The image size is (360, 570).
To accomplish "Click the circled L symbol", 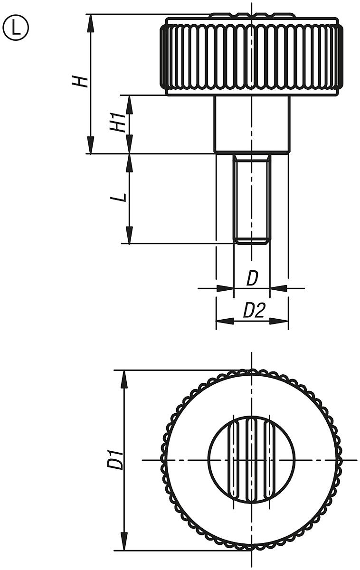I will point(16,28).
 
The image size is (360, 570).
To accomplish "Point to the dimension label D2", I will point(254,311).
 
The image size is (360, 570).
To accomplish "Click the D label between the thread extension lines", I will point(252,279).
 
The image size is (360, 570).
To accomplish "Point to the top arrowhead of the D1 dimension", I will point(124,378).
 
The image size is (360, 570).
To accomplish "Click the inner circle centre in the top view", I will point(252,460).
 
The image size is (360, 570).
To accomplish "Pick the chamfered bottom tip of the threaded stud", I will point(252,242).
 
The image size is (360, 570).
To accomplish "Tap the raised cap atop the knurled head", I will point(252,16).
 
